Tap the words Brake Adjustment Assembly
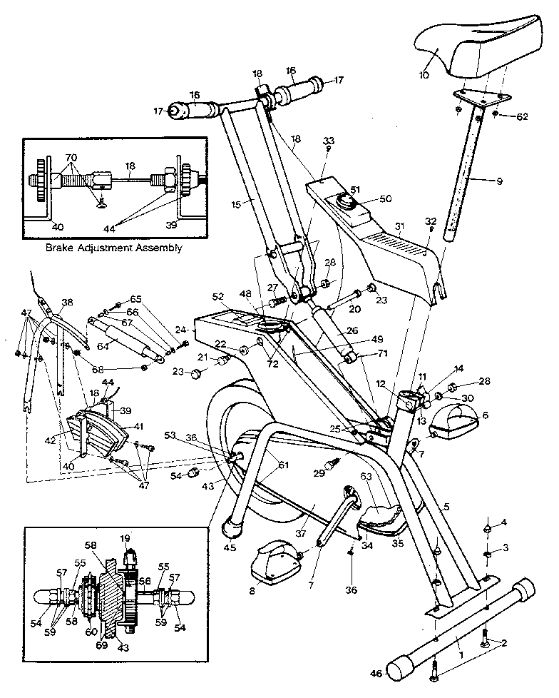113,248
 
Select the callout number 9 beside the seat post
499,181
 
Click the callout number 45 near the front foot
228,548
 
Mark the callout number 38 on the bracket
66,303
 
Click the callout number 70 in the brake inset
71,156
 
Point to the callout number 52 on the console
217,296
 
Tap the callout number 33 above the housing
328,140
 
